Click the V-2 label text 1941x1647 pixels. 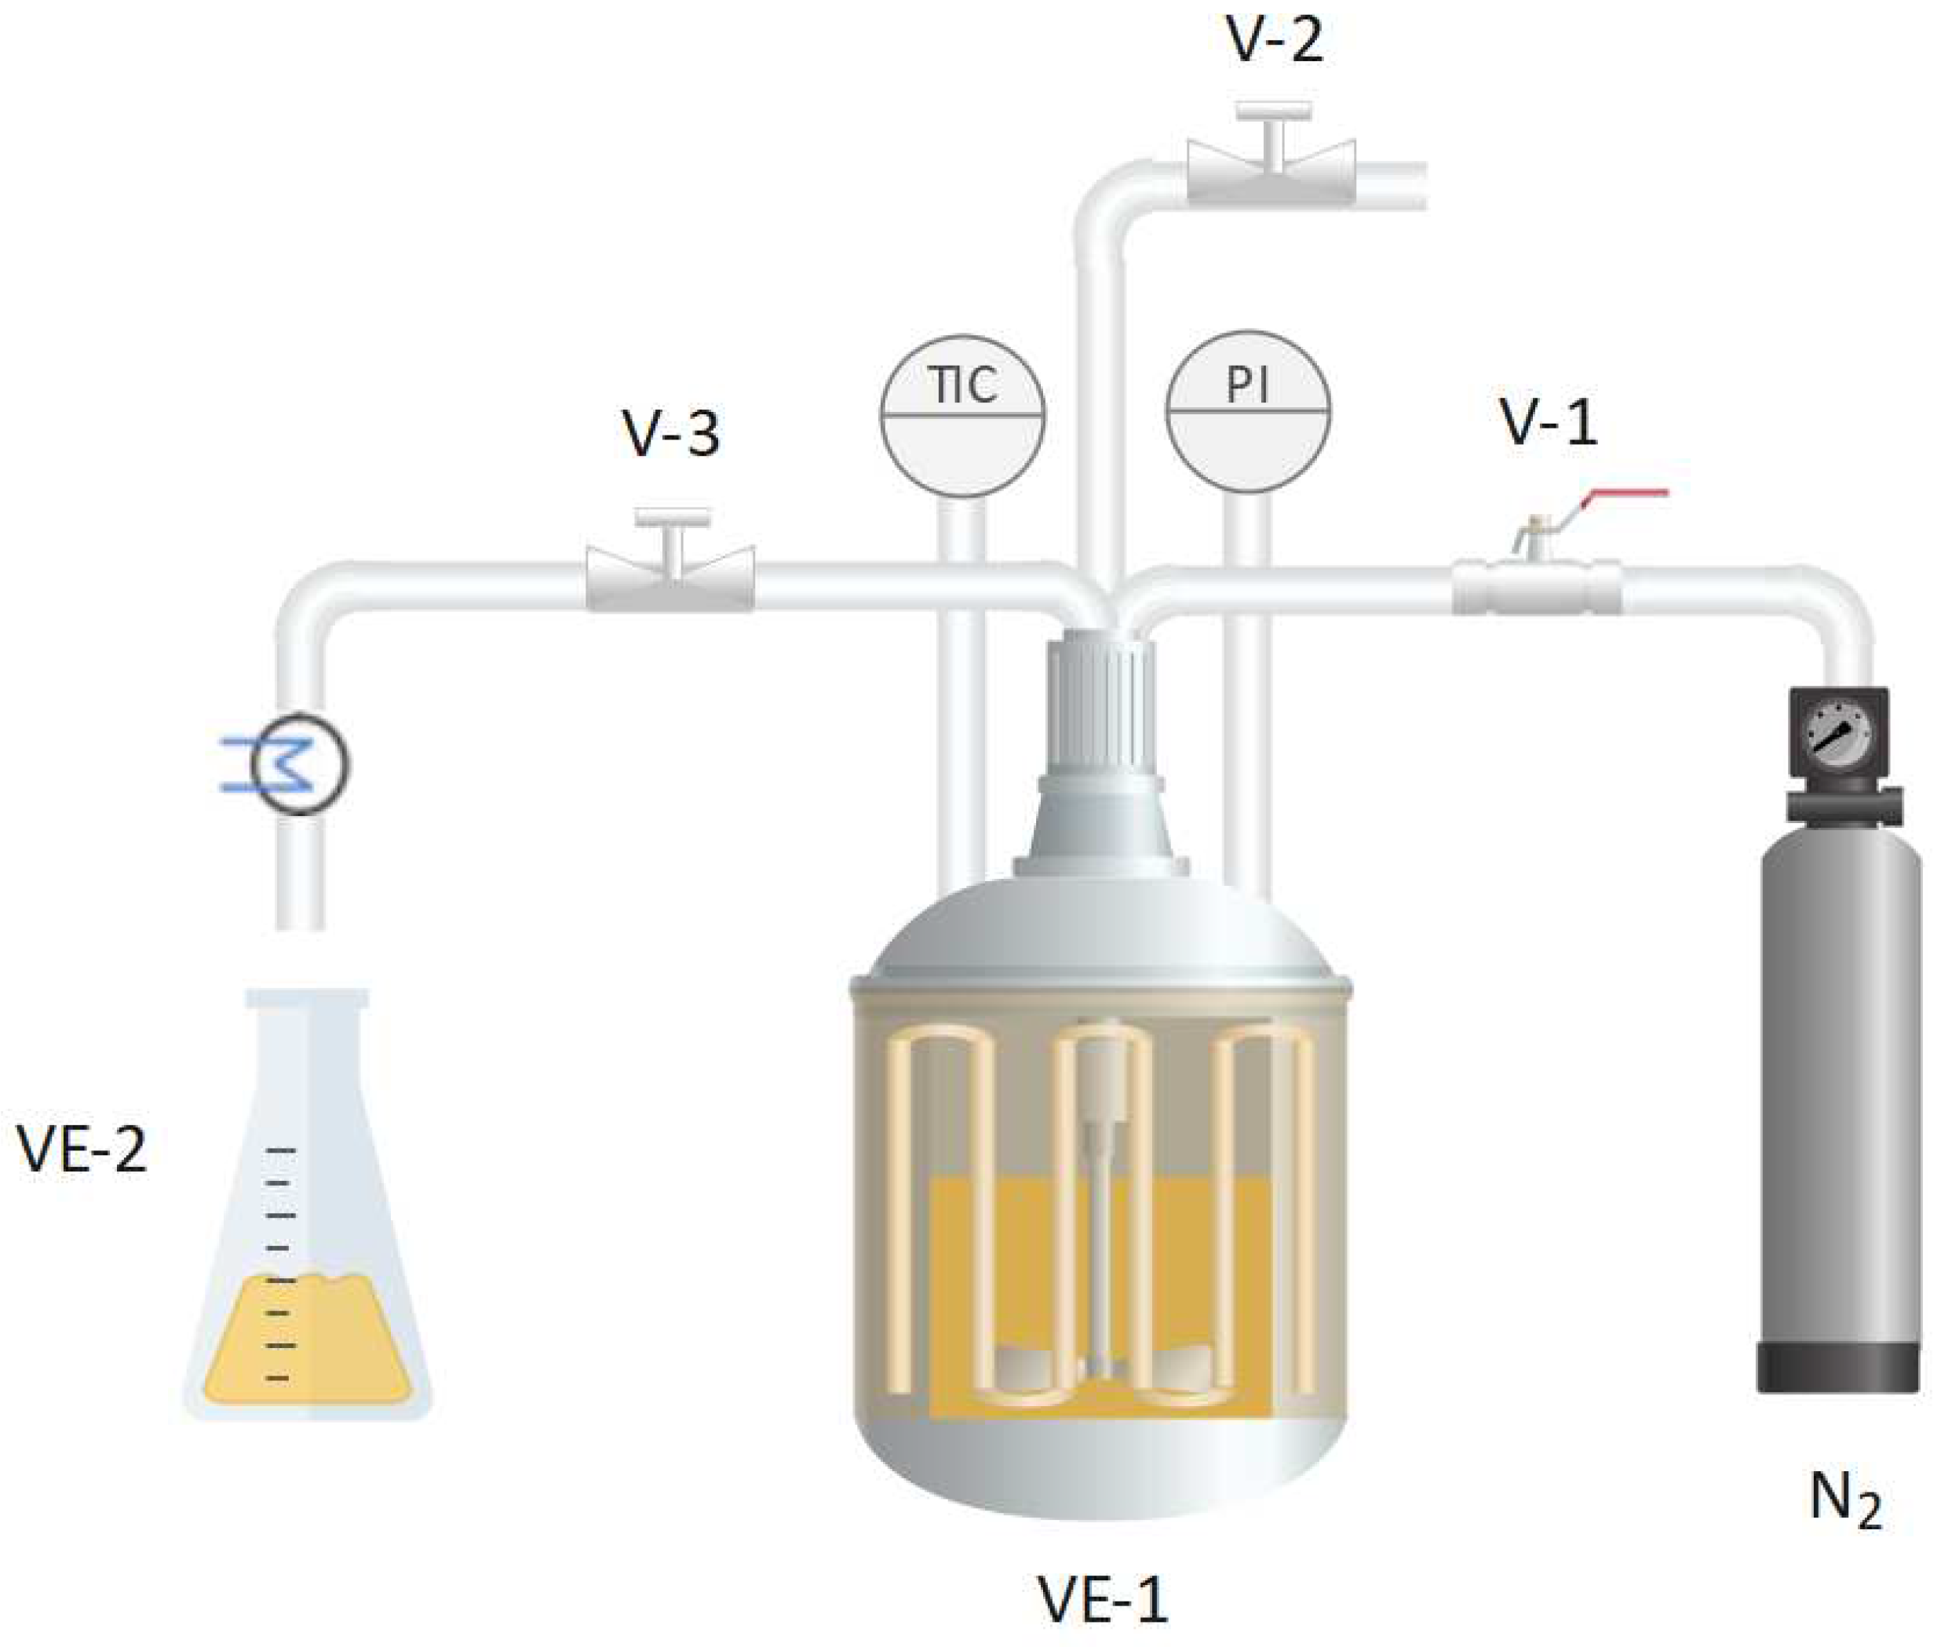pos(1275,42)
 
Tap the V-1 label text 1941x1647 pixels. pos(1549,423)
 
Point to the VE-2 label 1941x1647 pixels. pos(82,1150)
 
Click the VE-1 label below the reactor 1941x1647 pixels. pos(1103,1599)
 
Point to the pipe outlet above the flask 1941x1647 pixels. pos(300,920)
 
